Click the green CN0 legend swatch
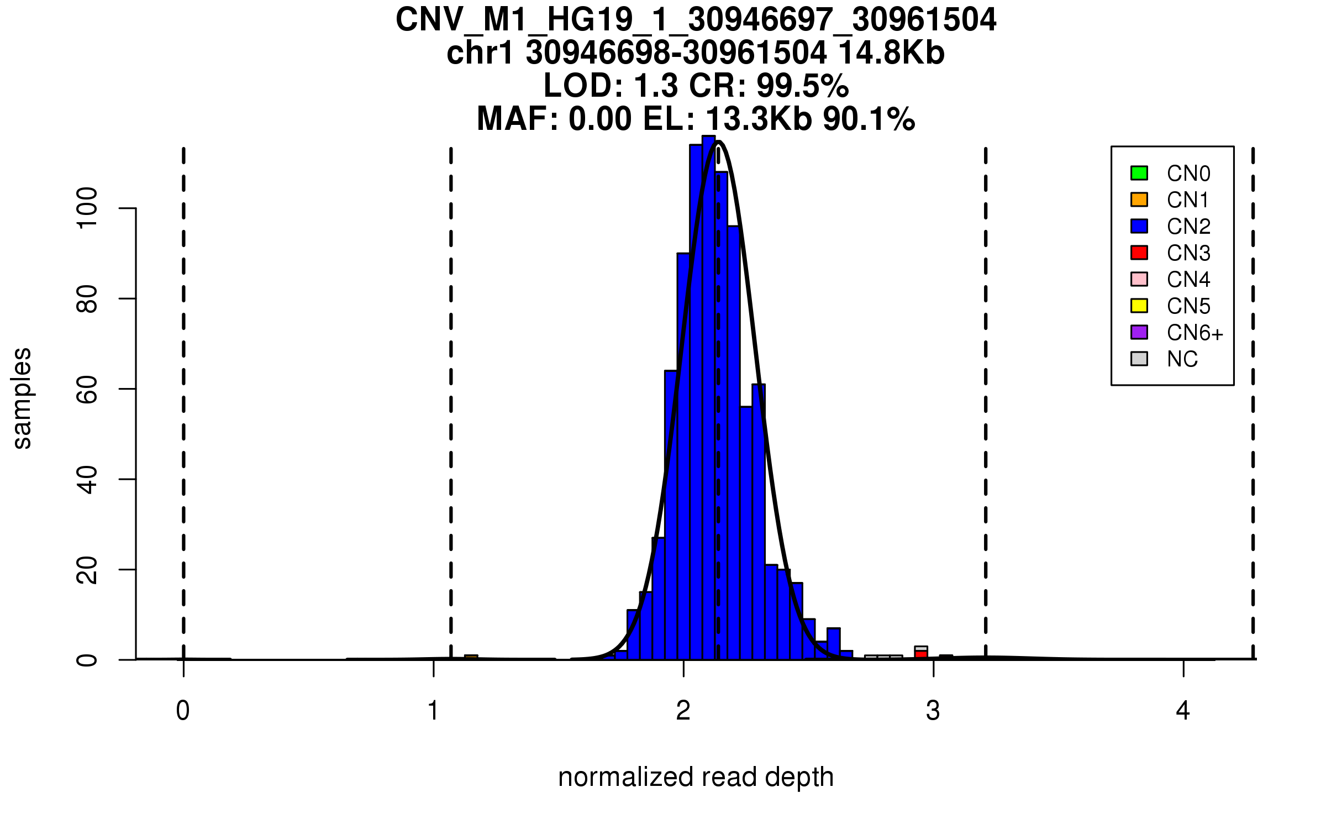point(1139,173)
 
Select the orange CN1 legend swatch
point(1139,200)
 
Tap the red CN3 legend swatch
point(1139,253)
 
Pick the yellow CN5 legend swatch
point(1139,306)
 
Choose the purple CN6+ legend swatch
point(1139,332)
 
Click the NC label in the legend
point(1182,359)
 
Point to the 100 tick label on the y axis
point(87,208)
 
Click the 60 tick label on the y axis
point(87,389)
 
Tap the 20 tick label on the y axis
point(87,570)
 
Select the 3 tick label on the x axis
point(933,711)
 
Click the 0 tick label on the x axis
point(183,711)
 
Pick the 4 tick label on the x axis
point(1183,711)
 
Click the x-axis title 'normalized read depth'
point(696,777)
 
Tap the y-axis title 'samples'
point(22,398)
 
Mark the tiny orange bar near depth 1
point(471,657)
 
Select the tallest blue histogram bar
point(709,398)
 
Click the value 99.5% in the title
point(802,86)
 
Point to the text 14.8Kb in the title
point(891,53)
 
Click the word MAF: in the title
point(518,119)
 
